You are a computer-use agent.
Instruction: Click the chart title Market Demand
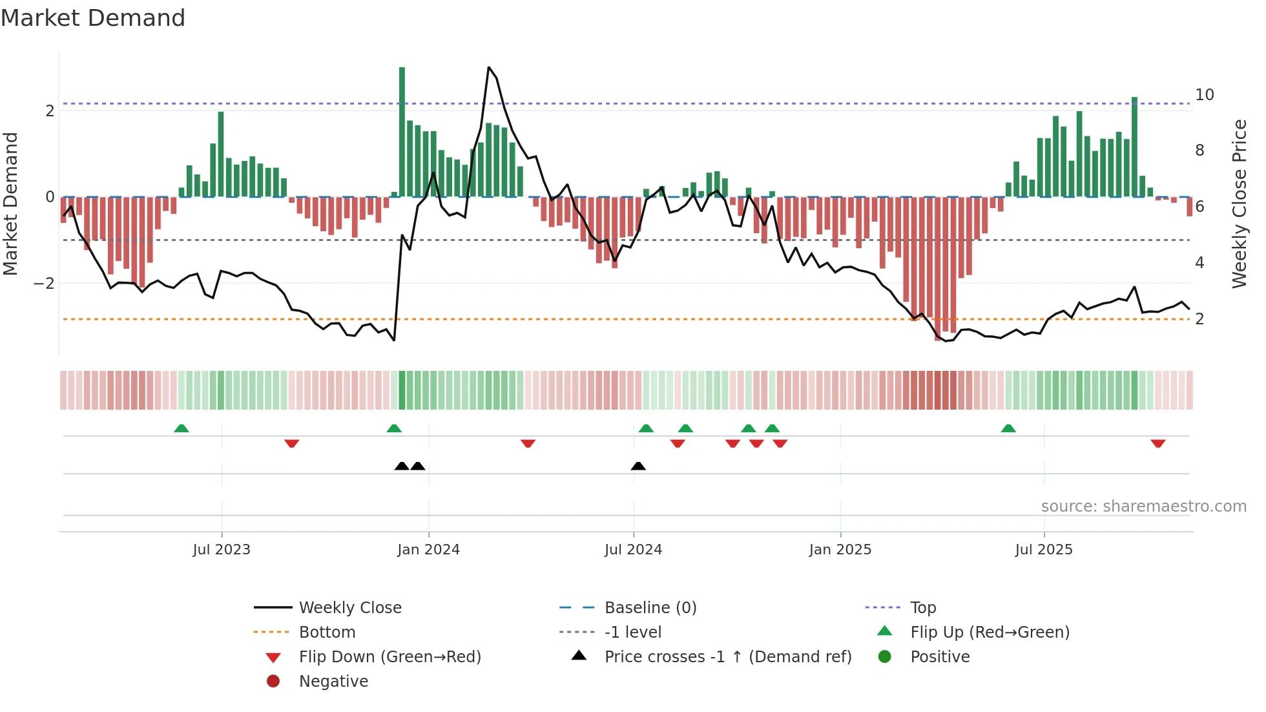pos(93,18)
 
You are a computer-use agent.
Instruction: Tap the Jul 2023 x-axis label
pos(221,550)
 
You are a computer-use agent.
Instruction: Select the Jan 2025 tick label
pos(840,550)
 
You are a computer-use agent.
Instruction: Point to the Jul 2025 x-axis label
pos(1043,550)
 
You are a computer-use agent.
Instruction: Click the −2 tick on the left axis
pos(44,284)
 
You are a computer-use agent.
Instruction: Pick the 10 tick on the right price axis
pos(1204,95)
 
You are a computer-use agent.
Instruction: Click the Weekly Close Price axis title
pos(1239,204)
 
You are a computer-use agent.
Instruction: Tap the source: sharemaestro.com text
pos(1143,507)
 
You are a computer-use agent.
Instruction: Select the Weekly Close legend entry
pos(349,608)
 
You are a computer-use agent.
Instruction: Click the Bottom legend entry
pos(327,633)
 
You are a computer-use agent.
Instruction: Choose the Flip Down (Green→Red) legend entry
pos(389,657)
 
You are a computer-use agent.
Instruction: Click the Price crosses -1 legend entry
pos(727,657)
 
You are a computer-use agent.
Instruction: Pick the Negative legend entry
pos(333,682)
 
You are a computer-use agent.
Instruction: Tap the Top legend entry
pos(922,608)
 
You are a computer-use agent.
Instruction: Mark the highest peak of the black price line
pos(489,68)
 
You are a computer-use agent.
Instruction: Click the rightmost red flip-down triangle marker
pos(1157,444)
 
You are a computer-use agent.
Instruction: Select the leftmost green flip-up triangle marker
pos(182,428)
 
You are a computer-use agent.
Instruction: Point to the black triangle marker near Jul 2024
pos(638,466)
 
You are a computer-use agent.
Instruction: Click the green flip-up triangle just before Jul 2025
pos(1008,428)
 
